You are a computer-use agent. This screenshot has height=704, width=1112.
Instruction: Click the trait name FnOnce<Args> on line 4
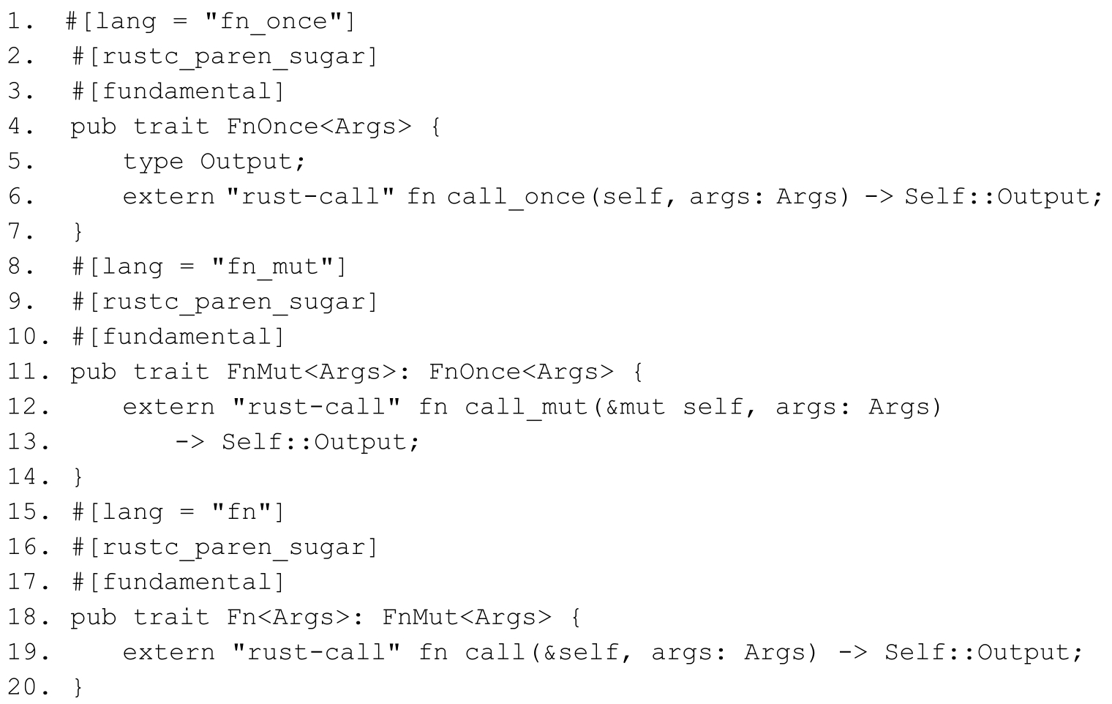(x=319, y=127)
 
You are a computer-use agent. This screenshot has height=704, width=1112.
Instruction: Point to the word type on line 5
(x=153, y=162)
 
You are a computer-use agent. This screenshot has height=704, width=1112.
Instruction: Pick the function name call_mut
(x=527, y=407)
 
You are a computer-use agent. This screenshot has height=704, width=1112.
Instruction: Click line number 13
(x=28, y=442)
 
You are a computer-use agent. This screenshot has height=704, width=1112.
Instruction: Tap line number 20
(x=28, y=687)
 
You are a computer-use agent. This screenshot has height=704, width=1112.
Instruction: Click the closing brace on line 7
(x=78, y=232)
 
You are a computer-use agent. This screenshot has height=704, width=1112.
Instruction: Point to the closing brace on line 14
(x=78, y=477)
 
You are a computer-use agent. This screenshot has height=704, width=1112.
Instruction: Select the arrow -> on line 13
(x=190, y=442)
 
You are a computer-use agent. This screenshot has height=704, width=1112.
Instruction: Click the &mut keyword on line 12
(x=635, y=407)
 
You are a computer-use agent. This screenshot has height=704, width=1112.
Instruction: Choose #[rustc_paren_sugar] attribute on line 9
(x=225, y=302)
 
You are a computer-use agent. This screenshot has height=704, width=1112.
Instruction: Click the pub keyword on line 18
(x=93, y=617)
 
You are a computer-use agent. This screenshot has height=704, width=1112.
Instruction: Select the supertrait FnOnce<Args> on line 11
(x=521, y=372)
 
